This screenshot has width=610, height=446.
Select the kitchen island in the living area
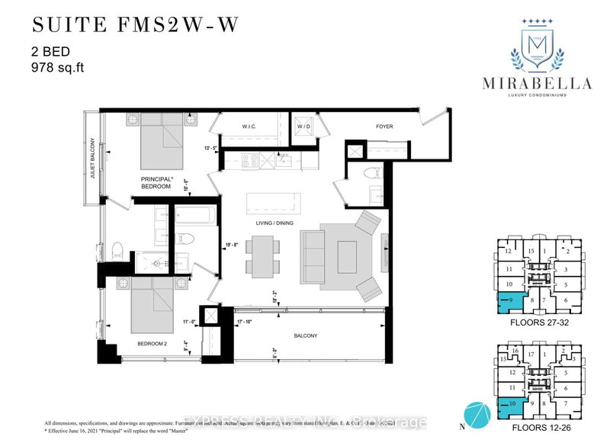273,204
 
